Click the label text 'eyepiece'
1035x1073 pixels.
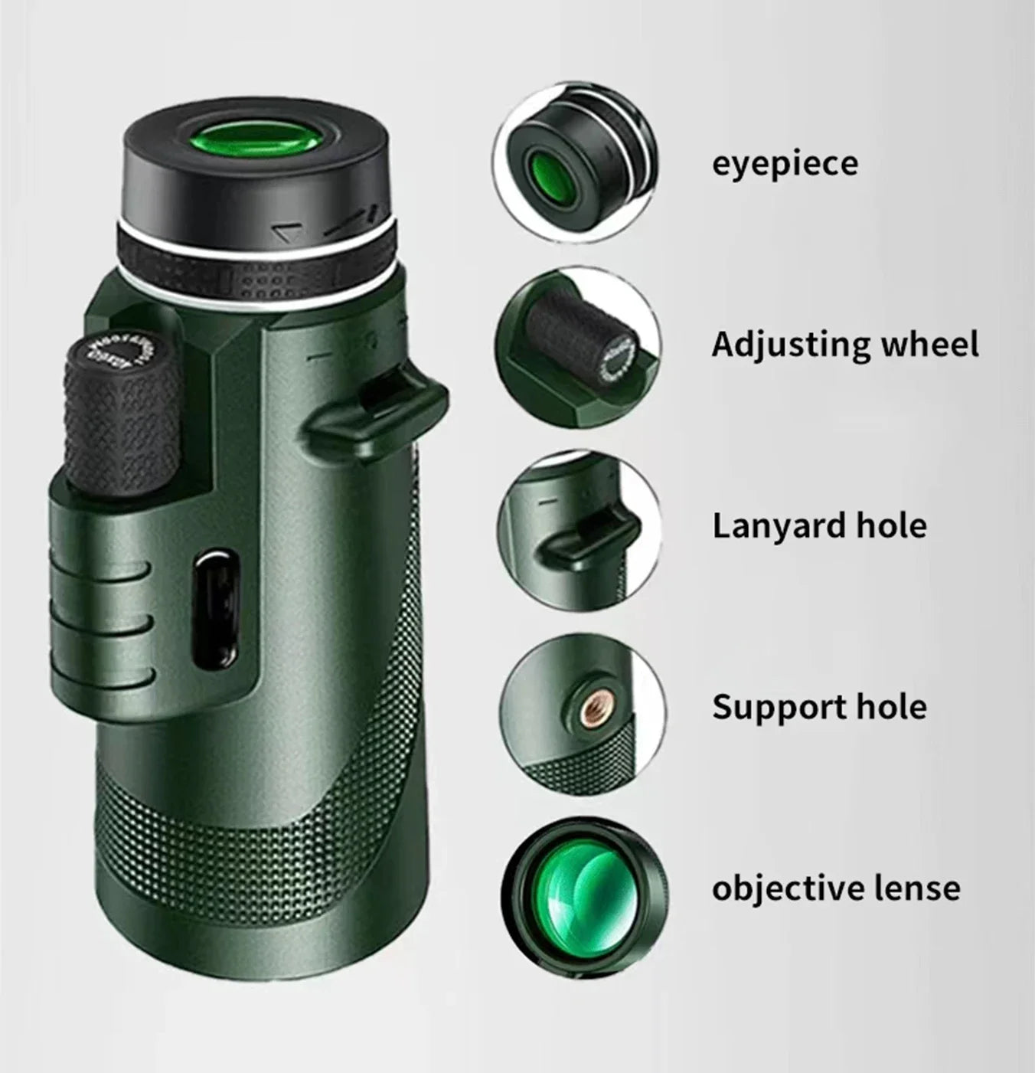(785, 164)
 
